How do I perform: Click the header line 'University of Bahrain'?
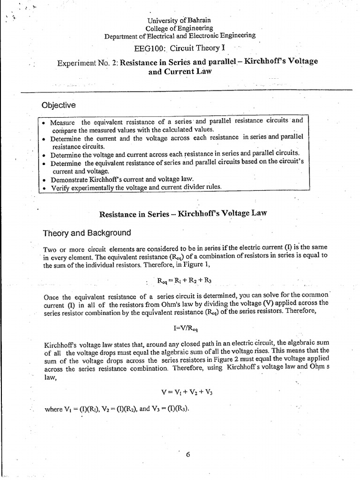180,20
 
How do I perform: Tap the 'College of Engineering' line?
180,28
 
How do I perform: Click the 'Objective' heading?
58,105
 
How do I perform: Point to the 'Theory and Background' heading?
87,233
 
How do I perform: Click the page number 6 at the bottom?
187,454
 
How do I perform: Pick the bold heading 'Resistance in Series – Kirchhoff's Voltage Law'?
183,214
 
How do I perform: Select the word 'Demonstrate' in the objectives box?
69,179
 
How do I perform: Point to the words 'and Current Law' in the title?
180,72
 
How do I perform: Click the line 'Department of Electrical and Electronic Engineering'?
180,35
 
